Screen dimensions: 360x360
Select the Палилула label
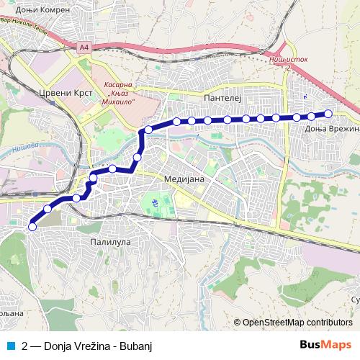[110, 242]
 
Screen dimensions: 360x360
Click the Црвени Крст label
[61, 93]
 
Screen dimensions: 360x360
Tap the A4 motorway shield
[84, 48]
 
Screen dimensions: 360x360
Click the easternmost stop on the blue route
[328, 113]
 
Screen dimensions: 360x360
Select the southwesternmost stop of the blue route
[32, 227]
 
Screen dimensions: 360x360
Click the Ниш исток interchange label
[287, 61]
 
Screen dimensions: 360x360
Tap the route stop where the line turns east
[148, 130]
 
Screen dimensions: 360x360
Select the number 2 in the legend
[26, 345]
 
